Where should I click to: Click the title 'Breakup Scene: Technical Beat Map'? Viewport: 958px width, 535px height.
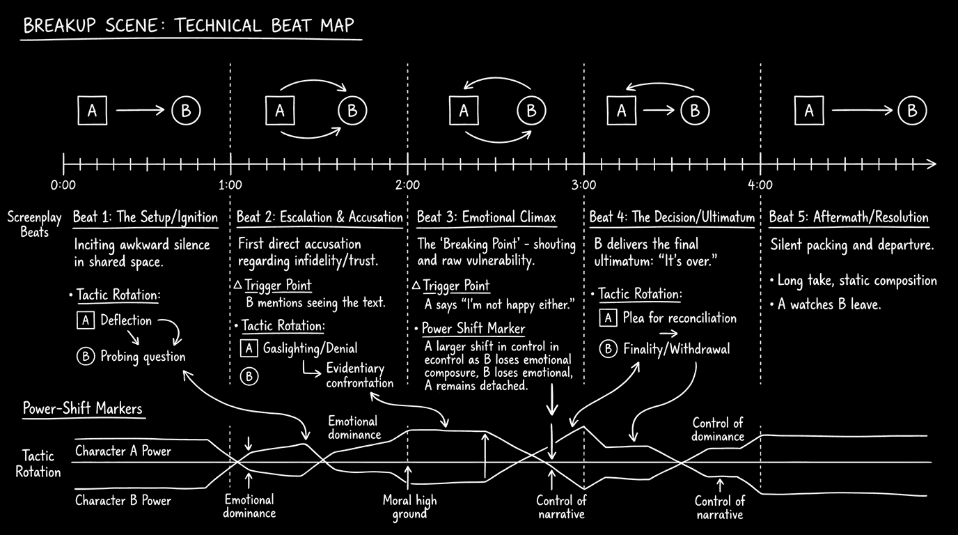click(x=189, y=26)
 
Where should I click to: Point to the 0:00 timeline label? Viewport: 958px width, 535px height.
click(x=63, y=185)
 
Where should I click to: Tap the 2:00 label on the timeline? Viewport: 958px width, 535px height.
click(x=407, y=185)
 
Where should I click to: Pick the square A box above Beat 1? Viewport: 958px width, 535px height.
click(x=93, y=111)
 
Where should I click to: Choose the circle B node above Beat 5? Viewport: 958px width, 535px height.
click(x=911, y=111)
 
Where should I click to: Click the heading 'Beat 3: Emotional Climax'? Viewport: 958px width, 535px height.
click(x=486, y=218)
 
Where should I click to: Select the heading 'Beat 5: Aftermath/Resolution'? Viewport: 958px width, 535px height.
click(x=848, y=218)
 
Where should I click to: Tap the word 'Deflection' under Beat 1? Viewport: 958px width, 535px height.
click(x=126, y=320)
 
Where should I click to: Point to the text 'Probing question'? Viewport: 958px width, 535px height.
click(x=143, y=357)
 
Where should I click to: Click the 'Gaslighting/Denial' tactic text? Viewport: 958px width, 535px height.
click(x=310, y=348)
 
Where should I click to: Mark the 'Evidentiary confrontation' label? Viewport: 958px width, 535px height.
click(x=359, y=375)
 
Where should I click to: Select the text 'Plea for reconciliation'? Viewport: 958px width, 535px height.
click(x=680, y=318)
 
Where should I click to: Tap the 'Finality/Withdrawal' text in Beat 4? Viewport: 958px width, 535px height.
click(x=676, y=349)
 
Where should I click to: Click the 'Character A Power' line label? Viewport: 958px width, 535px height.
click(x=123, y=451)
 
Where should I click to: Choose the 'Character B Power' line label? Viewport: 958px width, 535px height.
click(x=123, y=500)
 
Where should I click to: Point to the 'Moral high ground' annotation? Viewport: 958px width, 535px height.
click(x=409, y=507)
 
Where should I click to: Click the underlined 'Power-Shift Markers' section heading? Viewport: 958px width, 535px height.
click(x=82, y=408)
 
